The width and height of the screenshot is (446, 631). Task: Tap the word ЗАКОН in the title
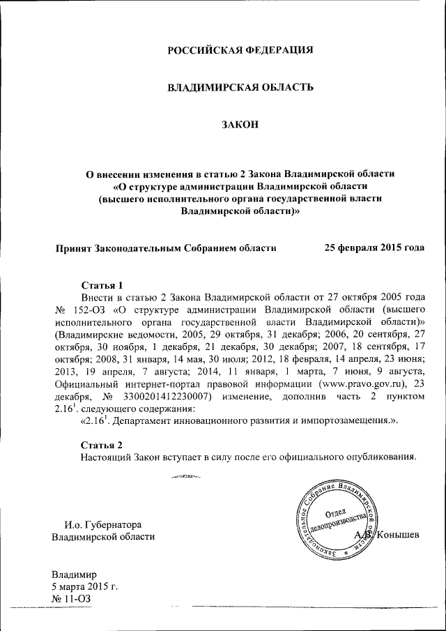pyautogui.click(x=240, y=125)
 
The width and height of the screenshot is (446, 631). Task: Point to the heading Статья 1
pyautogui.click(x=102, y=285)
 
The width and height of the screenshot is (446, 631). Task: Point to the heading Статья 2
pyautogui.click(x=102, y=445)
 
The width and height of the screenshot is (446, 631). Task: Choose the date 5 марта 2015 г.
pyautogui.click(x=84, y=586)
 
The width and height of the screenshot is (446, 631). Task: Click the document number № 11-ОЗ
pyautogui.click(x=71, y=599)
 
